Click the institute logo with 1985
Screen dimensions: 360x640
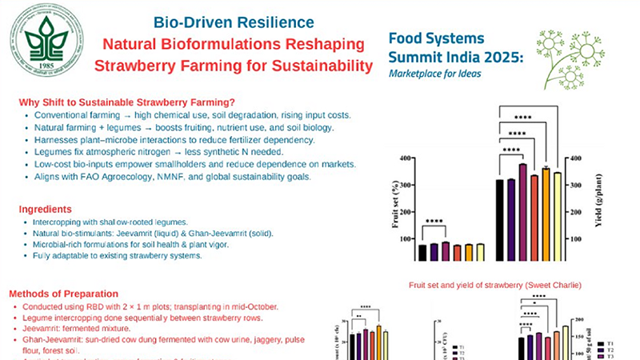[46, 42]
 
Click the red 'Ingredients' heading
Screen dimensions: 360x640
[50, 210]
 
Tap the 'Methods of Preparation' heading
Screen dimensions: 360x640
[73, 294]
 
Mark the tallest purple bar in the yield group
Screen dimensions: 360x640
[522, 212]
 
